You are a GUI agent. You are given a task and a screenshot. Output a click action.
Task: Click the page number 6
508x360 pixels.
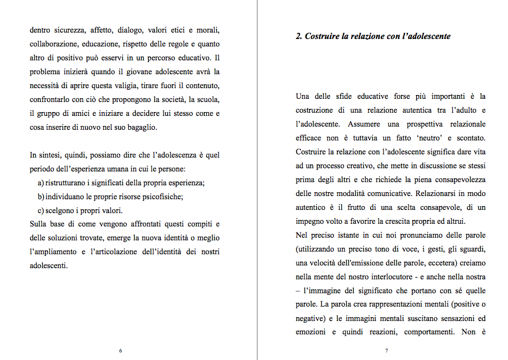(121, 351)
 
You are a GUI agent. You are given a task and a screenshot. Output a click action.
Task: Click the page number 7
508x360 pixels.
(386, 351)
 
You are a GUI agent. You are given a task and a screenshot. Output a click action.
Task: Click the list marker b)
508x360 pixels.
(41, 197)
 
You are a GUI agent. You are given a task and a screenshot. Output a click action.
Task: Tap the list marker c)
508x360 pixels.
(41, 210)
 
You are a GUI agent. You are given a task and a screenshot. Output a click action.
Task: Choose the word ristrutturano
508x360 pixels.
(67, 183)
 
